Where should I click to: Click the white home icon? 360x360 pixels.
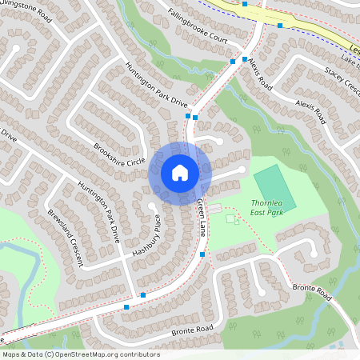180,172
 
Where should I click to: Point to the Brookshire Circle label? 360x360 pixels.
119,154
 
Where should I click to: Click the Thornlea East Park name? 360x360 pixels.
266,208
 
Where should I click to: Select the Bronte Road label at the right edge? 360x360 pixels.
312,292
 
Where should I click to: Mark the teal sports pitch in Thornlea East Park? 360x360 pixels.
275,188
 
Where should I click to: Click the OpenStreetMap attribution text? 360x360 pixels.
80,354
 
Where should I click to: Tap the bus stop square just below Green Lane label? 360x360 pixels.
202,254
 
